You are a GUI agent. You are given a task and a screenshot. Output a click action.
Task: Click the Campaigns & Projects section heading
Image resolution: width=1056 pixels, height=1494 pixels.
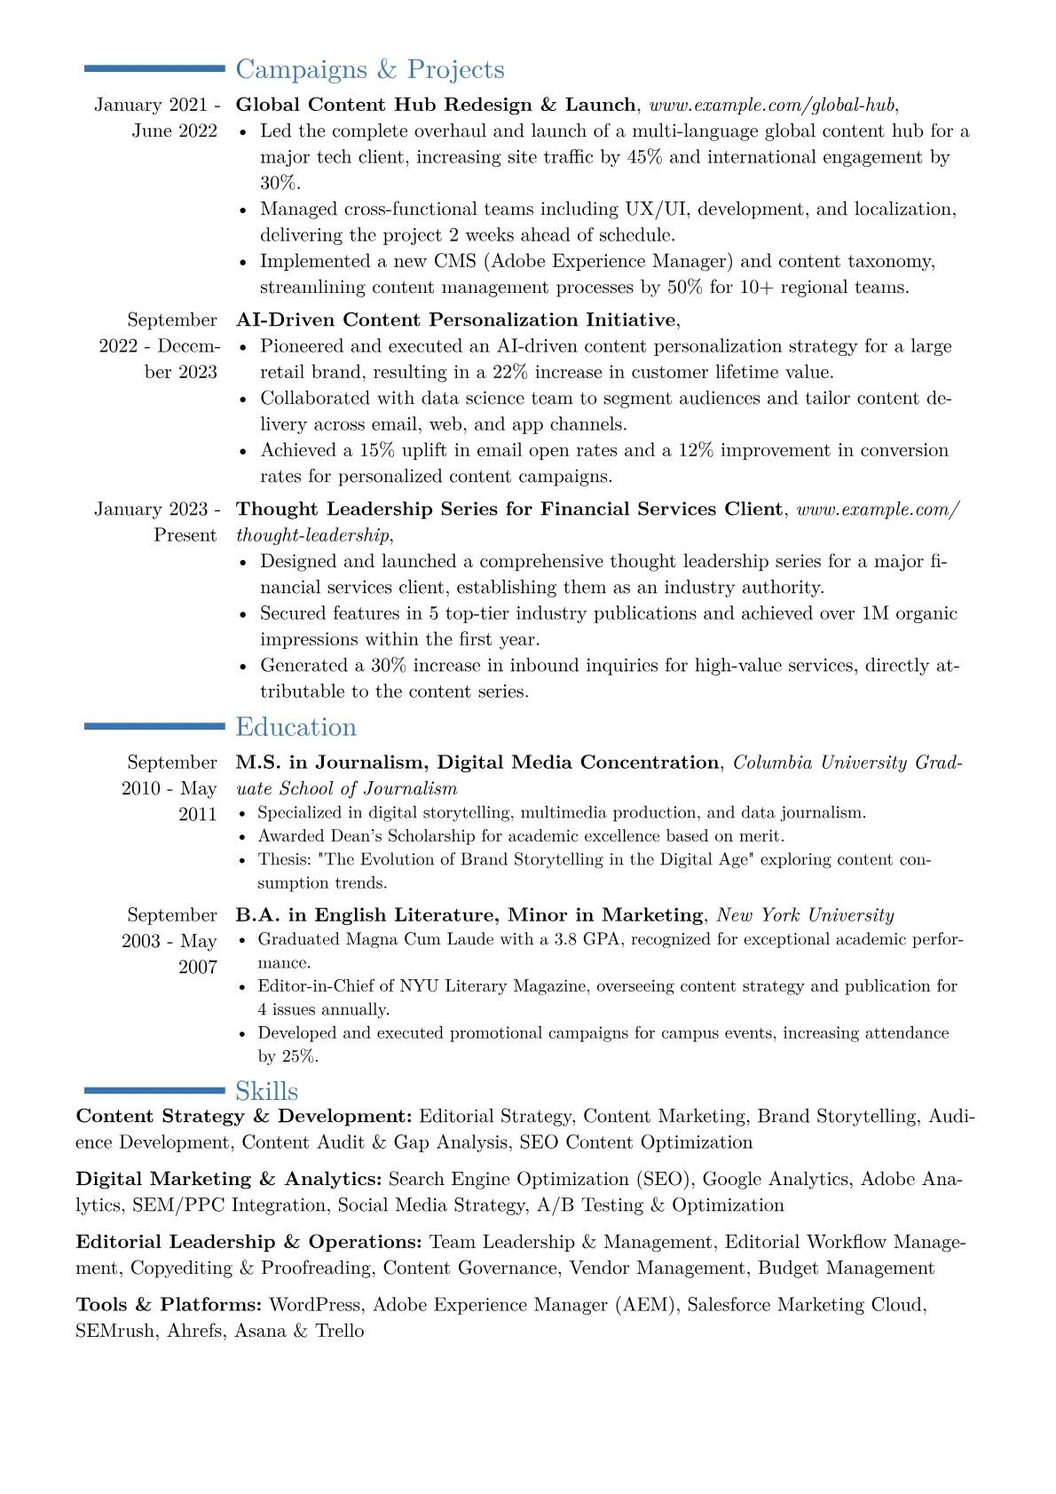coord(369,69)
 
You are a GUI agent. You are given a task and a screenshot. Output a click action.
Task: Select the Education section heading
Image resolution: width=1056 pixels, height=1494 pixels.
coord(296,727)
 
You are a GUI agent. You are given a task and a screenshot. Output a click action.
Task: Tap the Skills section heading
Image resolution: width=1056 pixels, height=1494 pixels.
coord(266,1091)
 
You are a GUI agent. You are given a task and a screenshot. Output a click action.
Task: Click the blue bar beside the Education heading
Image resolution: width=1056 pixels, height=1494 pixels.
coord(154,726)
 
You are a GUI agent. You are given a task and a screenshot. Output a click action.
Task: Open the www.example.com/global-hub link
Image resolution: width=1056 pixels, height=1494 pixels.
coord(771,105)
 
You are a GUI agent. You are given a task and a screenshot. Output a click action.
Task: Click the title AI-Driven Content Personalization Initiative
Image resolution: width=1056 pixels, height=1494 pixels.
coord(456,320)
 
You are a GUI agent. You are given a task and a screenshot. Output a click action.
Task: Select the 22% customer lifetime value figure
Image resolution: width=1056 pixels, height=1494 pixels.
coord(510,372)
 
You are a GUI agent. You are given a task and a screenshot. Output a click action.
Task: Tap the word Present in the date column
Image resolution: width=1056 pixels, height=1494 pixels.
coord(185,535)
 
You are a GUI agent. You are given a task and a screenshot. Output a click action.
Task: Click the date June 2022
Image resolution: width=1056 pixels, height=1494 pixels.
coord(175,131)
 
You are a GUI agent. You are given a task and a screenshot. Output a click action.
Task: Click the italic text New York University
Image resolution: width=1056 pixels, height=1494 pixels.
coord(805,915)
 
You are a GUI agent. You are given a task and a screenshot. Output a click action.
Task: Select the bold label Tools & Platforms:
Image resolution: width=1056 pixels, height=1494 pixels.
coord(169,1305)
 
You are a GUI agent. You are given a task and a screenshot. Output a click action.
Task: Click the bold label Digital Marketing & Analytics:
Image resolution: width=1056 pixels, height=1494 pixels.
coord(229,1179)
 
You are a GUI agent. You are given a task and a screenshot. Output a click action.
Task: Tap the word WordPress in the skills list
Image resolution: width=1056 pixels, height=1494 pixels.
coord(315,1305)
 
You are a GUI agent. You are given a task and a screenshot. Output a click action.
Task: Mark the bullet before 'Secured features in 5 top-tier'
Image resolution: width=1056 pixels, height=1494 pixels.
coord(245,614)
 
